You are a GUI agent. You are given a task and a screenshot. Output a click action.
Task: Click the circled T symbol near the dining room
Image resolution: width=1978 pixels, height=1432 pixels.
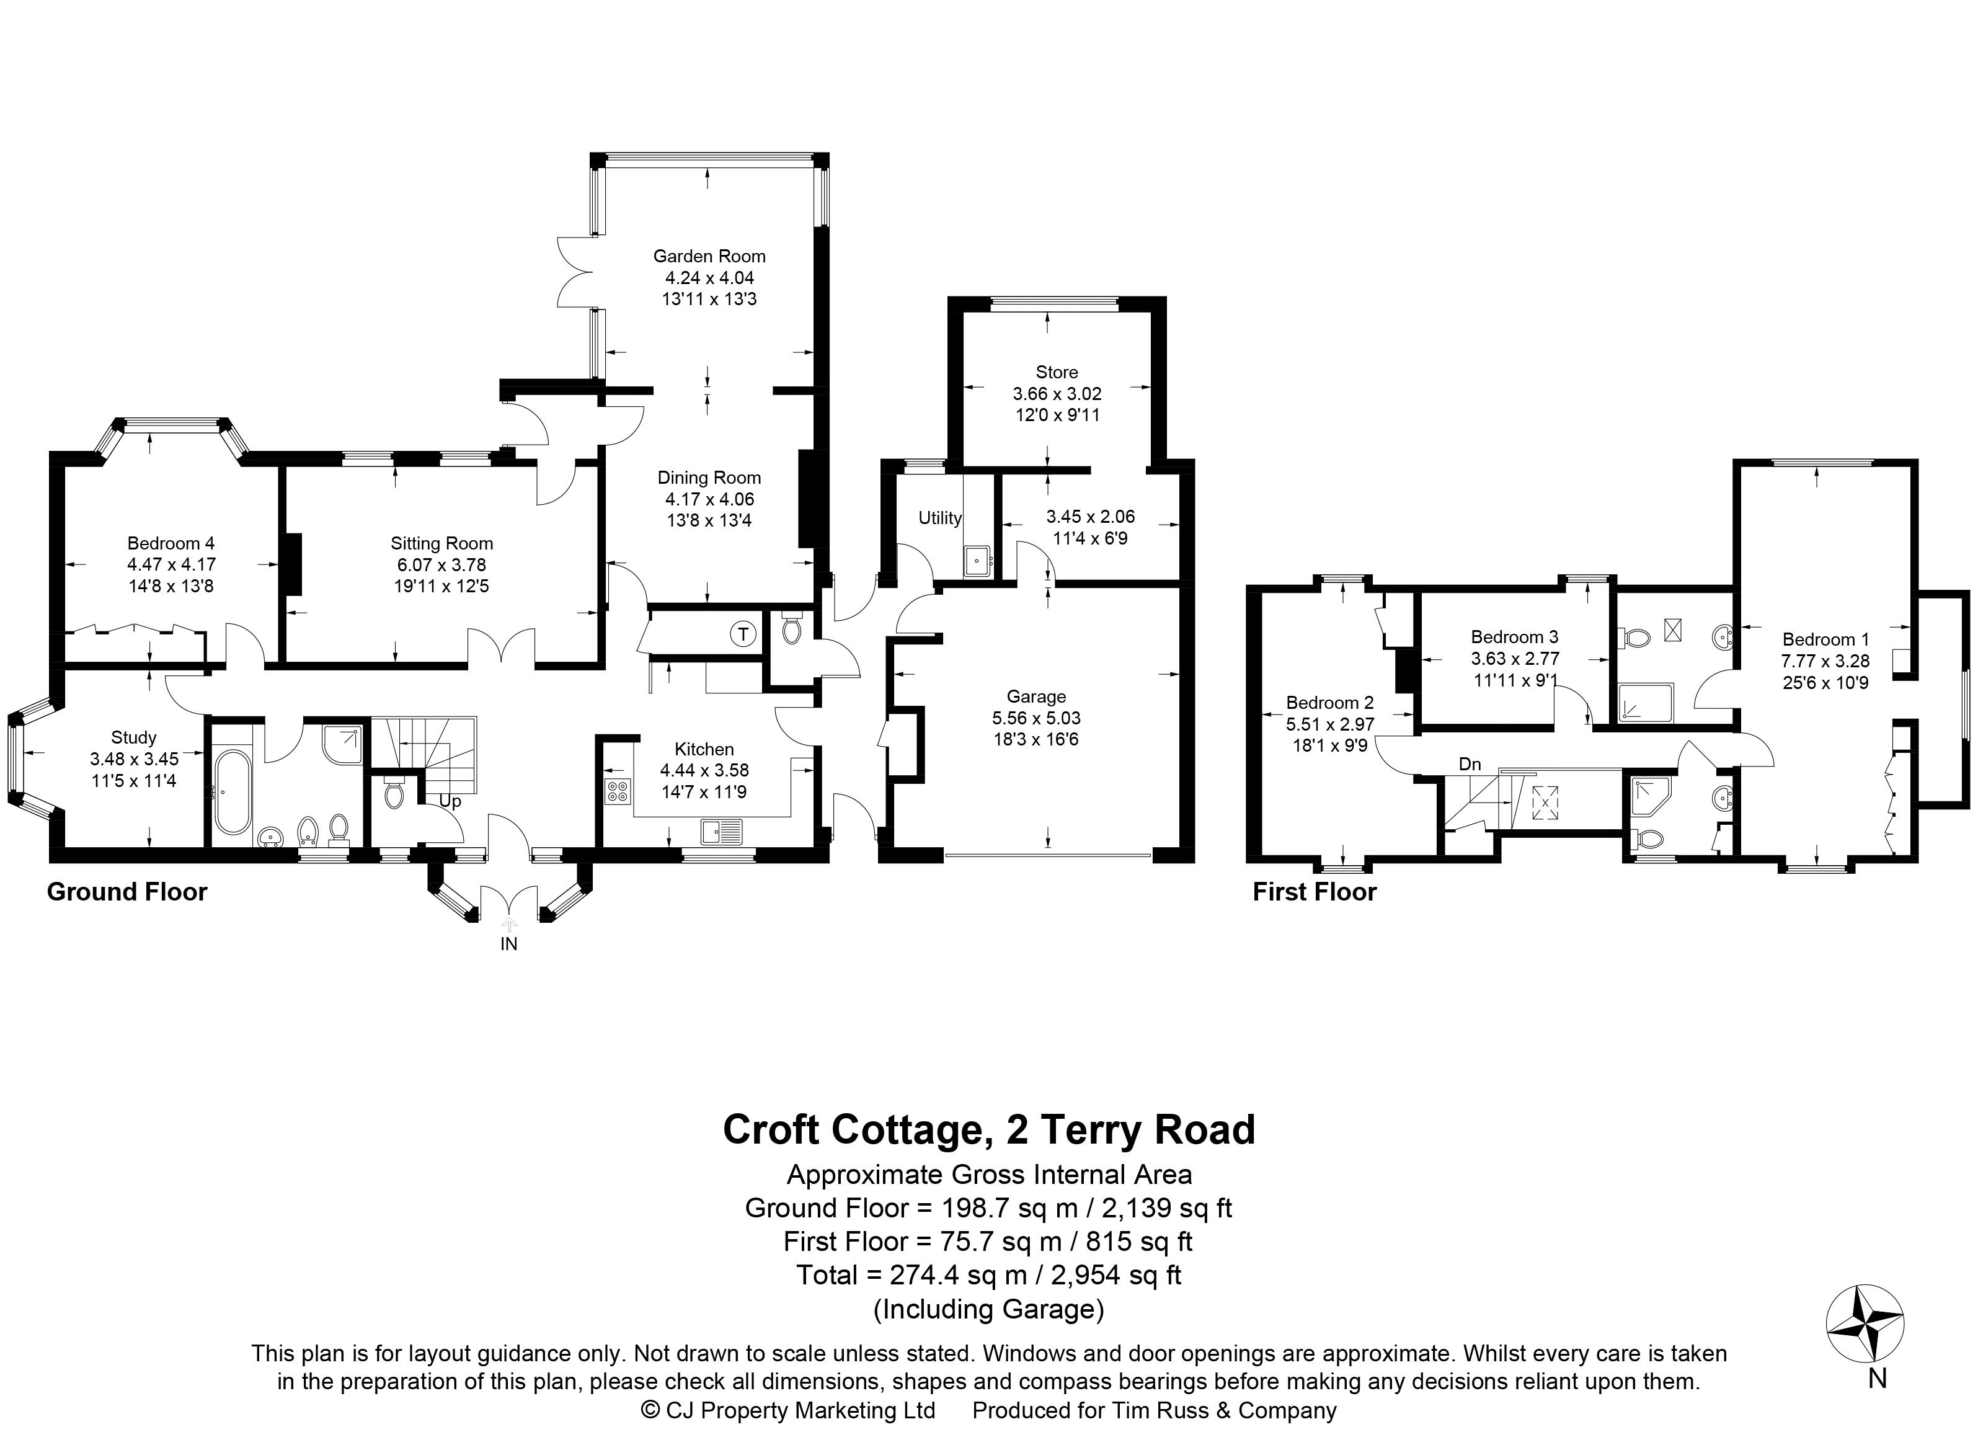point(743,634)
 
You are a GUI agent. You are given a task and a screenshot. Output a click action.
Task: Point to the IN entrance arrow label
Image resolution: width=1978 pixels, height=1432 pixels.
point(508,944)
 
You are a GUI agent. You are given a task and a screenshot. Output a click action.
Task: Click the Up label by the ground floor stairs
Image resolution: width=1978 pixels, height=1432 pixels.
point(450,801)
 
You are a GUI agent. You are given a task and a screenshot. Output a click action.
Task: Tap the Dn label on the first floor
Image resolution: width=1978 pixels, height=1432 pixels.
point(1470,764)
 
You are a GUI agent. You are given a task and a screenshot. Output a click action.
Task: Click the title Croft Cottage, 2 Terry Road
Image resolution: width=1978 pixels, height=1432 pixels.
point(988,1129)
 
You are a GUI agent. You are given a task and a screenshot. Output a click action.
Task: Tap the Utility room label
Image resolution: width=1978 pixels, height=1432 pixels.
point(939,518)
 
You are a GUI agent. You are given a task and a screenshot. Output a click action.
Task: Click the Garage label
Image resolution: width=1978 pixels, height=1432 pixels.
point(1036,696)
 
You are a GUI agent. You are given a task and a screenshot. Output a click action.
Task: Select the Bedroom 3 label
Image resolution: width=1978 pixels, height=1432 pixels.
point(1514,637)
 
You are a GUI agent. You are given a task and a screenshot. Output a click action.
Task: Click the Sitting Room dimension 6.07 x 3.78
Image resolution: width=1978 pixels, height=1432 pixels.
point(441,564)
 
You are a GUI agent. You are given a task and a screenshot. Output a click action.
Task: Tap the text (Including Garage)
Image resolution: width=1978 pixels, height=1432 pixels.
point(988,1309)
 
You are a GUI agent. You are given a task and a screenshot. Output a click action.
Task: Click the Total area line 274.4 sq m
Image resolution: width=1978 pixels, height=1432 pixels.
point(988,1275)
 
